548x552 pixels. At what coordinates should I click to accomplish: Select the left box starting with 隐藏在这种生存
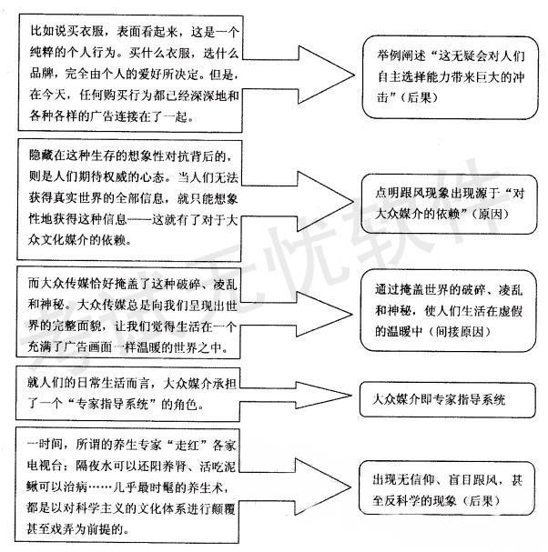(x=133, y=196)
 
